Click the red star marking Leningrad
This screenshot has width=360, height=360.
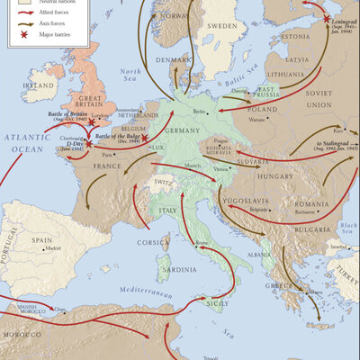325,18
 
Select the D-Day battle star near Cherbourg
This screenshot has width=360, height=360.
87,144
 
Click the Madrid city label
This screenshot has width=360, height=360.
53,247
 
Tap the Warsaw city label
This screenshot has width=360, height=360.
257,119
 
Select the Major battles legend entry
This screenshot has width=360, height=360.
54,36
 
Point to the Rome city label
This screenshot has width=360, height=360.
201,244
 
